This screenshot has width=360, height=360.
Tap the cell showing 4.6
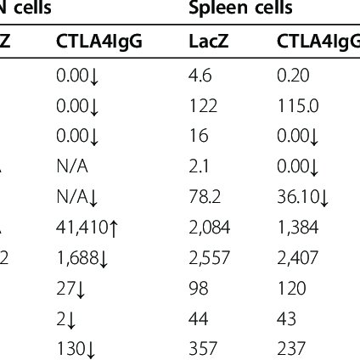coord(197,74)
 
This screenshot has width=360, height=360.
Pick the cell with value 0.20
coord(290,74)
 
